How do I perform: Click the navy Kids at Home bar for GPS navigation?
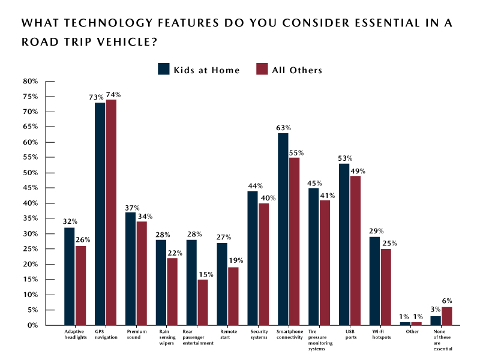tap(100, 214)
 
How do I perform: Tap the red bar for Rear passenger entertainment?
tap(203, 302)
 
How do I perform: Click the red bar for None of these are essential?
tap(446, 316)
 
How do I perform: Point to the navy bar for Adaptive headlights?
tap(69, 276)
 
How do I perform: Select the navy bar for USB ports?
tap(344, 244)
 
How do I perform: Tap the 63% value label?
tap(284, 128)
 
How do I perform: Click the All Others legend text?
tap(296, 70)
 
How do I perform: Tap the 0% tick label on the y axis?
tap(32, 325)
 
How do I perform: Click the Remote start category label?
tap(228, 334)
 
